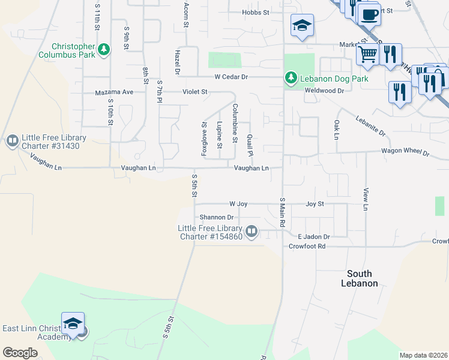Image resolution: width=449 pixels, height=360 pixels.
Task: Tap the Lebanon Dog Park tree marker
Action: click(291, 78)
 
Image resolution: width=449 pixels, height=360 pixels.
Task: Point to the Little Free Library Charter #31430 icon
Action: click(12, 142)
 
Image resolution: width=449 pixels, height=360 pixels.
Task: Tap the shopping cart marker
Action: click(367, 55)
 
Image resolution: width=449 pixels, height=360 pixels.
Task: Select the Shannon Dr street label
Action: click(217, 217)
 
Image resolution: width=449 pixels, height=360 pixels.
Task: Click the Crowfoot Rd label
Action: click(307, 247)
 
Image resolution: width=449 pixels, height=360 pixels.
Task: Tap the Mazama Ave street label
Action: click(114, 92)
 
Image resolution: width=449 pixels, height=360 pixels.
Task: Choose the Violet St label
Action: click(195, 92)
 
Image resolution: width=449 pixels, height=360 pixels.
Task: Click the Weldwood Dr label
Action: click(324, 91)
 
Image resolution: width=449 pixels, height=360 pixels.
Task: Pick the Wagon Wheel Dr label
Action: click(406, 153)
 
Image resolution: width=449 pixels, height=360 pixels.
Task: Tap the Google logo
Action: click(20, 353)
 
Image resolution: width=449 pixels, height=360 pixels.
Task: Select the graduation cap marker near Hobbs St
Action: click(302, 25)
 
